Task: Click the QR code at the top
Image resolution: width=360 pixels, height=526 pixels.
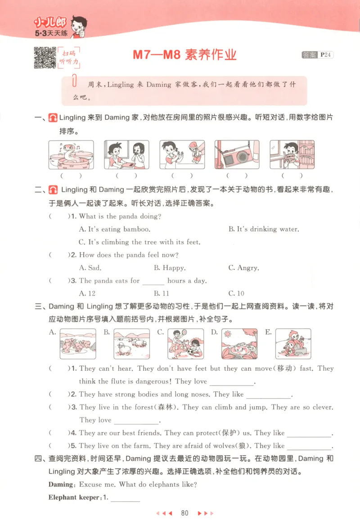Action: coord(45,58)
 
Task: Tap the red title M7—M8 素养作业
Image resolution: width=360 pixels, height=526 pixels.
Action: coord(184,56)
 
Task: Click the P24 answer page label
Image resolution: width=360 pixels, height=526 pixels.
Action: coord(325,55)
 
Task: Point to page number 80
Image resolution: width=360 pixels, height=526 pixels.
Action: coord(184,513)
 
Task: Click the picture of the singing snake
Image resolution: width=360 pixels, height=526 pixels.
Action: coord(71,155)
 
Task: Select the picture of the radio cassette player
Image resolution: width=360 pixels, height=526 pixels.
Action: coord(237,155)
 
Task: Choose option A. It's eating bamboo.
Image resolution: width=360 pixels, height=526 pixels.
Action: coord(114,229)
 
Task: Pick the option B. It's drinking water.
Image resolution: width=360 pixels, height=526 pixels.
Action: coord(263,229)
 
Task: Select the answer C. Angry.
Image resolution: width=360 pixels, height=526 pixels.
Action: coord(243,268)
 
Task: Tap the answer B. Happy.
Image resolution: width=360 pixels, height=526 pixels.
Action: coord(169,268)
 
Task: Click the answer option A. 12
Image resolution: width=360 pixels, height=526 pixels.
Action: coord(87,293)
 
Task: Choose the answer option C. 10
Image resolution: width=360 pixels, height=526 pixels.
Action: coord(236,293)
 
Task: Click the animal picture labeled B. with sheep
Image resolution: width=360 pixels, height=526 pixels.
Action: coord(131,344)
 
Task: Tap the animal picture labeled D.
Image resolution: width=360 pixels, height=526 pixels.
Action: coord(239,344)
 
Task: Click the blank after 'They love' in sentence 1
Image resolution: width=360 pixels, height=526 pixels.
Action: coord(232,382)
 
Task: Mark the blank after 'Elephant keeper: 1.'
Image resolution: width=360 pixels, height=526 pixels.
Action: coord(125,498)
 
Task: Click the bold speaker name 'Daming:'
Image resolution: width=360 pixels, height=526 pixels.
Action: coord(62,485)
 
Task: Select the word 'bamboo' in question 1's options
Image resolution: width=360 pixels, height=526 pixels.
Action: coord(136,229)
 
